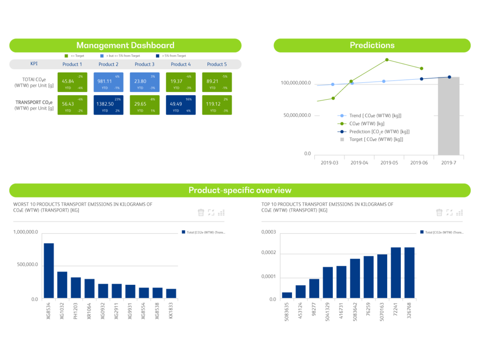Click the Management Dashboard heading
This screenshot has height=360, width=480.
[125, 45]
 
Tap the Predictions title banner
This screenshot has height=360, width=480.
[372, 45]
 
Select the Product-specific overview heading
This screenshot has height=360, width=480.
[240, 190]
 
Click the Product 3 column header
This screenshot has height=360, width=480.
[144, 64]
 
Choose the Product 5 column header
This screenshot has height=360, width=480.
[217, 64]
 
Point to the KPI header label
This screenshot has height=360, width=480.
[34, 64]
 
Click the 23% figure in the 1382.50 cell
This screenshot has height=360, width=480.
[117, 99]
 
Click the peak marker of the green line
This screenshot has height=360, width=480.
[387, 59]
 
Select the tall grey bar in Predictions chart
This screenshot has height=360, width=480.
[449, 115]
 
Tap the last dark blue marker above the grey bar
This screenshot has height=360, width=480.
[449, 77]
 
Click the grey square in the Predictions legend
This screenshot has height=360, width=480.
[342, 139]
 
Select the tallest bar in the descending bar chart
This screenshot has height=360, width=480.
[49, 270]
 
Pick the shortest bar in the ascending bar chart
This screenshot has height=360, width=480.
[287, 295]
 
